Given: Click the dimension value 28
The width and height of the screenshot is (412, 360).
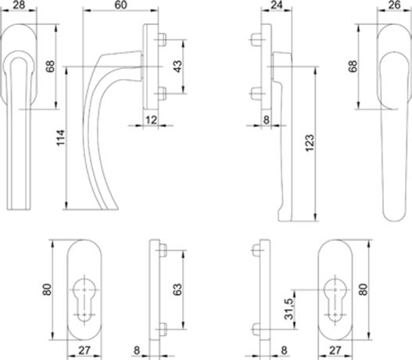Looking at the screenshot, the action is (x=19, y=5).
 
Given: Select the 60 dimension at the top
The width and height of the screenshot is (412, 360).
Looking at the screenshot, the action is (x=120, y=5).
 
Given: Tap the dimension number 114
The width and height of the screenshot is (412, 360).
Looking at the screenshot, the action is (x=60, y=138).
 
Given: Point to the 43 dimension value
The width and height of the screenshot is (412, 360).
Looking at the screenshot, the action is (x=177, y=67).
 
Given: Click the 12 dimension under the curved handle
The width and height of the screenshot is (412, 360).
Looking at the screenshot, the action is (x=151, y=120).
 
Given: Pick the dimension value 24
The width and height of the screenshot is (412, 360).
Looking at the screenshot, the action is (x=277, y=5).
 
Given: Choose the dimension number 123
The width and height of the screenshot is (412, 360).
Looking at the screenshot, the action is (x=310, y=142).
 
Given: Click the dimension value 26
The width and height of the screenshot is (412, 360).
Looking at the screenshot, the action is (x=394, y=5).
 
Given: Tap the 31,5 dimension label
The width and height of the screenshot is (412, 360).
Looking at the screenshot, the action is (x=289, y=308).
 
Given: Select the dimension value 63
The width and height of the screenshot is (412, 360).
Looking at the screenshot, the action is (x=177, y=290).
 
